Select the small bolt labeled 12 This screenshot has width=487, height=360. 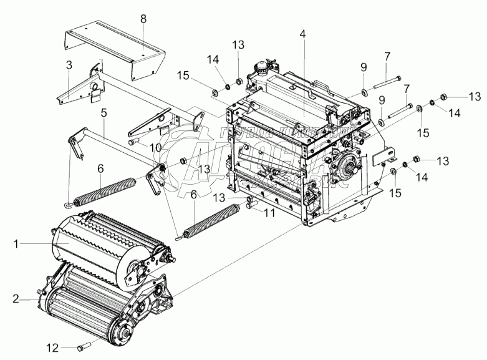click(85, 345)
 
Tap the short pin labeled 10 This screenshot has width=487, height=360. click(135, 142)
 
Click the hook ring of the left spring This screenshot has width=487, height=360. click(66, 202)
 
